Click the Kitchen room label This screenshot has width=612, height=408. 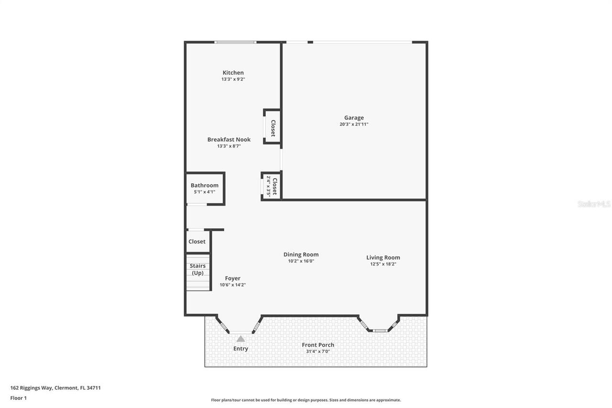click(233, 73)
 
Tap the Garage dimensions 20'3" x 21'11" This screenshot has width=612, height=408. click(354, 124)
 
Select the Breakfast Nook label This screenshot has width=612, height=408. click(229, 140)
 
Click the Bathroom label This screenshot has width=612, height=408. click(204, 186)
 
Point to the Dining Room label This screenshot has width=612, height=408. click(301, 254)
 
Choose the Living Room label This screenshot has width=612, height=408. click(383, 257)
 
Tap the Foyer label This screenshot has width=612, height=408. click(232, 278)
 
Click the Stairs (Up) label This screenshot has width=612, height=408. click(197, 269)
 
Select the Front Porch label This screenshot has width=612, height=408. click(318, 345)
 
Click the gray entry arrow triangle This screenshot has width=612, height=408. click(240, 339)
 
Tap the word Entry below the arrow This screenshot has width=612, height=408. click(240, 349)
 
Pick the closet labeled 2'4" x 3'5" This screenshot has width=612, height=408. click(272, 186)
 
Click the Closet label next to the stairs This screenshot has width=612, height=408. click(197, 242)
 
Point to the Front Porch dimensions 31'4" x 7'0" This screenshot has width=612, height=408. click(318, 352)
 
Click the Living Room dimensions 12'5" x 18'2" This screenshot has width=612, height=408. click(383, 264)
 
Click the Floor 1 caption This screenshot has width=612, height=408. click(19, 398)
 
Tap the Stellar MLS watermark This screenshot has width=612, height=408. click(594, 204)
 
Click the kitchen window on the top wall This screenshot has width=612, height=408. click(235, 42)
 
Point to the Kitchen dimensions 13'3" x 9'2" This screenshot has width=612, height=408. click(233, 79)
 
